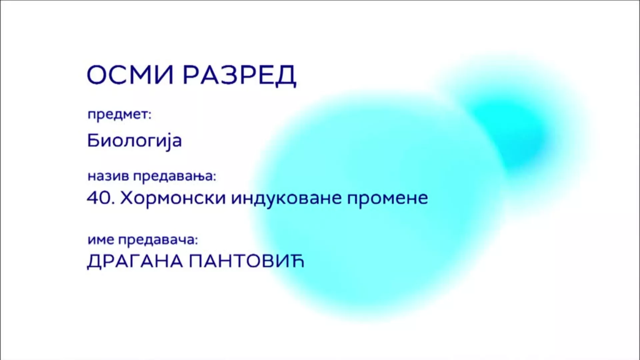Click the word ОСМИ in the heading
pos(130,75)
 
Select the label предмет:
pos(119,115)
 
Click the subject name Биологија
pos(134,140)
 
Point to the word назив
pos(108,176)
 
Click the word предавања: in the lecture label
pos(175,177)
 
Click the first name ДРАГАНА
pos(135,262)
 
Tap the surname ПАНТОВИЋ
pos(247,261)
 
